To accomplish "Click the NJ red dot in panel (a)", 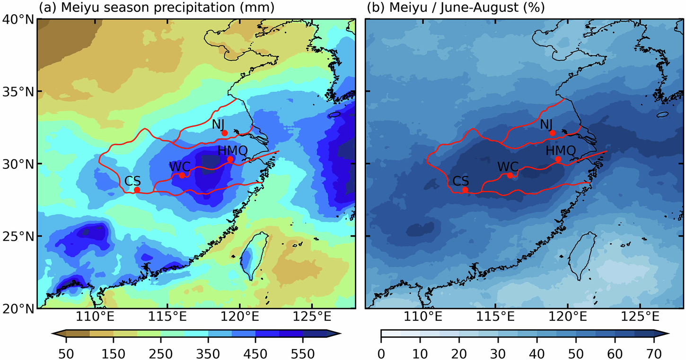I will pyautogui.click(x=225, y=133).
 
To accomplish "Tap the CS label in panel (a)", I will pyautogui.click(x=132, y=180).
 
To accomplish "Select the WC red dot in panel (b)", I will pyautogui.click(x=510, y=175).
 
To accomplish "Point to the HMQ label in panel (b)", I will pyautogui.click(x=561, y=151).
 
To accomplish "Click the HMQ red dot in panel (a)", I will pyautogui.click(x=230, y=159).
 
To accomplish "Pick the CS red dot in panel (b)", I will pyautogui.click(x=465, y=190).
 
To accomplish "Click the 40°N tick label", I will pyautogui.click(x=18, y=19).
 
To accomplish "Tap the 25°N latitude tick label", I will pyautogui.click(x=18, y=236).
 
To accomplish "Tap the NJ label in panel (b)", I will pyautogui.click(x=547, y=124).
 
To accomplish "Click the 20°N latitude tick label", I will pyautogui.click(x=18, y=308).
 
